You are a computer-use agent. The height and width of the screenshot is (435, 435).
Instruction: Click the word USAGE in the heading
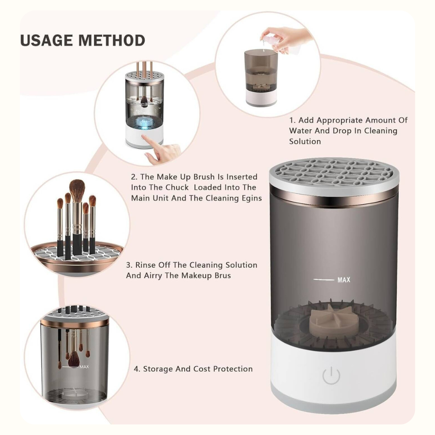(x=47, y=41)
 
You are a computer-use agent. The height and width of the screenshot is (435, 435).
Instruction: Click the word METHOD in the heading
(x=112, y=41)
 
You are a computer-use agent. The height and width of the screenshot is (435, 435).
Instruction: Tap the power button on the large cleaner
(x=331, y=375)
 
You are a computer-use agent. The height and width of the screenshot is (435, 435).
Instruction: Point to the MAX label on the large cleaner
(x=344, y=280)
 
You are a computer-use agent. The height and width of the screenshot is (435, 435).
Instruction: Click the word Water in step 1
(x=300, y=130)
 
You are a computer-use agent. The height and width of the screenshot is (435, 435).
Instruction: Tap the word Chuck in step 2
(x=177, y=187)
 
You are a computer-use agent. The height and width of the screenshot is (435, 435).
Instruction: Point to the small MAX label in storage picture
(x=84, y=367)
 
